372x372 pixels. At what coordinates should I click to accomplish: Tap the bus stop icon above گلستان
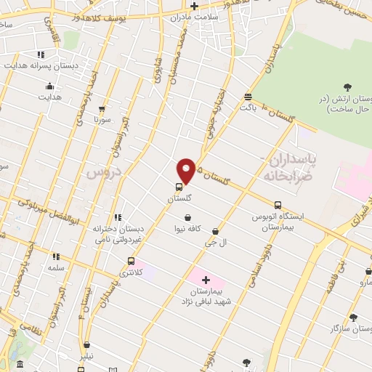(179, 186)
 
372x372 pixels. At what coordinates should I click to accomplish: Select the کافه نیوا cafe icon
(188, 217)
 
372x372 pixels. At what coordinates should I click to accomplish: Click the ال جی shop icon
(215, 232)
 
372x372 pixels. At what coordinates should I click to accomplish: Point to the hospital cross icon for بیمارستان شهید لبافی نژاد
(205, 280)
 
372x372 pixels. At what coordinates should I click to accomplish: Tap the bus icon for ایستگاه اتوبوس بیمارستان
(278, 205)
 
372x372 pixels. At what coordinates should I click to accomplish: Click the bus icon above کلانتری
(131, 261)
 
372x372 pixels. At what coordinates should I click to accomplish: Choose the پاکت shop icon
(248, 97)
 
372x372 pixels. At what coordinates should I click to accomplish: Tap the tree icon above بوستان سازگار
(353, 317)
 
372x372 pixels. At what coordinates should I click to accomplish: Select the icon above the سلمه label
(55, 256)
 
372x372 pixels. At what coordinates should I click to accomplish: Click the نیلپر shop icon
(87, 345)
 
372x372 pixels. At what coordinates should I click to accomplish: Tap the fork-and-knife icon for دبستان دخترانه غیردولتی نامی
(118, 217)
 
